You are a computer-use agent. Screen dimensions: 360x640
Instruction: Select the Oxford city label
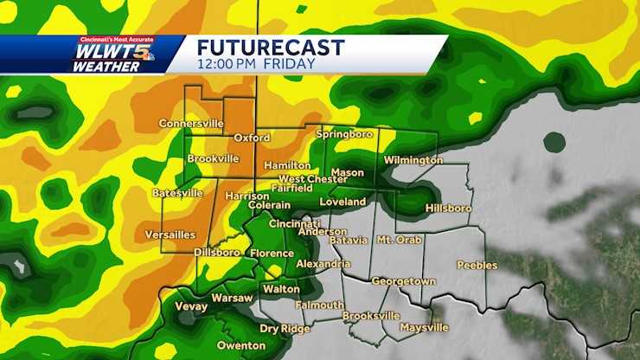[253, 138]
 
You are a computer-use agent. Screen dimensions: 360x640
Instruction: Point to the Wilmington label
[413, 160]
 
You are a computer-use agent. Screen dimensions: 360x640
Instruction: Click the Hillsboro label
[448, 209]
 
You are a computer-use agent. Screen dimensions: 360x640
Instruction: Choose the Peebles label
[477, 265]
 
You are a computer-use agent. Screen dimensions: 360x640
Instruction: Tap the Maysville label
[424, 328]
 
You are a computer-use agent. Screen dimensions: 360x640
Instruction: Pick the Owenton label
[241, 345]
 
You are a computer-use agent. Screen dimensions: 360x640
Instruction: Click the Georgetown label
[403, 281]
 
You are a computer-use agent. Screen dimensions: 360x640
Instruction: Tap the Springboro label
[344, 135]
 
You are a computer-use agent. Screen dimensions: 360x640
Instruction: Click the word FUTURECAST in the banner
[271, 47]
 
